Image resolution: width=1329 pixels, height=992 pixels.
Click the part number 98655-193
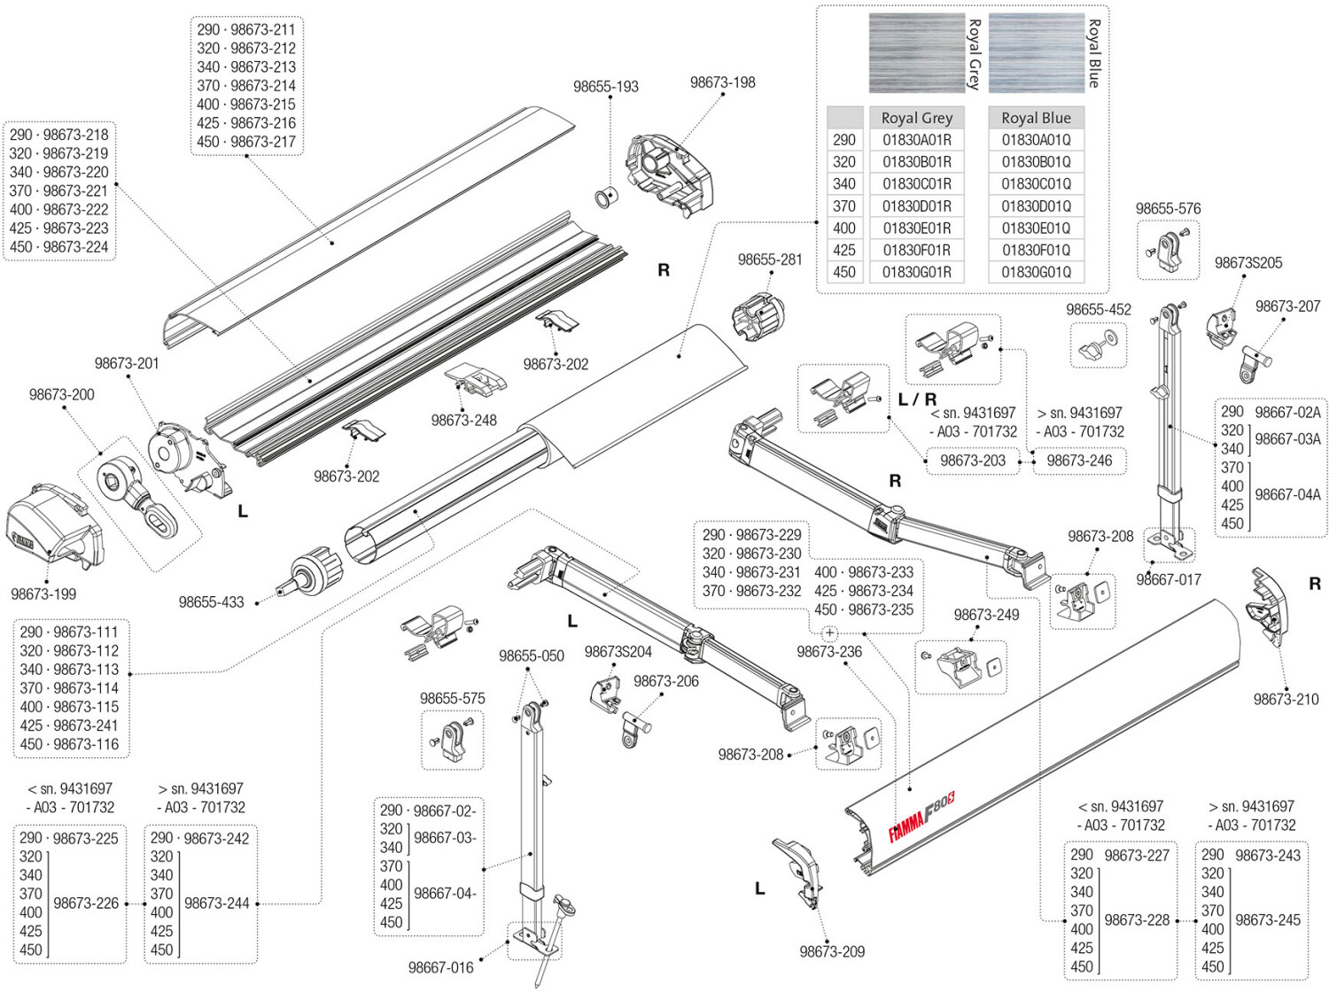coord(605,87)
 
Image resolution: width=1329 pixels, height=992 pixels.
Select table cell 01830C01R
coord(917,184)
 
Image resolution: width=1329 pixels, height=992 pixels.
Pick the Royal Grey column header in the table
coord(917,118)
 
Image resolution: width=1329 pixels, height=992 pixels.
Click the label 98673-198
coord(722,82)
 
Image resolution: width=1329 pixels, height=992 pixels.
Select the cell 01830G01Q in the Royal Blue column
coord(1036,273)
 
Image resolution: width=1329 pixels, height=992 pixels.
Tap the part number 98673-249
coord(986,615)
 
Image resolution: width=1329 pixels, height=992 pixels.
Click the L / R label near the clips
coord(917,399)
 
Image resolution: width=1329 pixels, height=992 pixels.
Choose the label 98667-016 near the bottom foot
coord(440,967)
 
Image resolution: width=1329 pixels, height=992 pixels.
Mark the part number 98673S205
coord(1248,263)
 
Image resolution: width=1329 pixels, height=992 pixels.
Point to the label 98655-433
coord(211,602)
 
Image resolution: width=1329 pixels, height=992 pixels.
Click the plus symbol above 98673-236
coord(829,633)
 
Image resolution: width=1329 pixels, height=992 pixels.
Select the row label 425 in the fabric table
coord(844,250)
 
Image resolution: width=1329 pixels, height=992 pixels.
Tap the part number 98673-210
coord(1286,699)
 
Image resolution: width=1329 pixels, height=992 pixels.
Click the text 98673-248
coord(463,420)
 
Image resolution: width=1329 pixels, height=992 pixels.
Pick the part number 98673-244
coord(217,903)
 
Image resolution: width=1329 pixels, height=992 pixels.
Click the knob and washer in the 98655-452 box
coord(1099,345)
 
